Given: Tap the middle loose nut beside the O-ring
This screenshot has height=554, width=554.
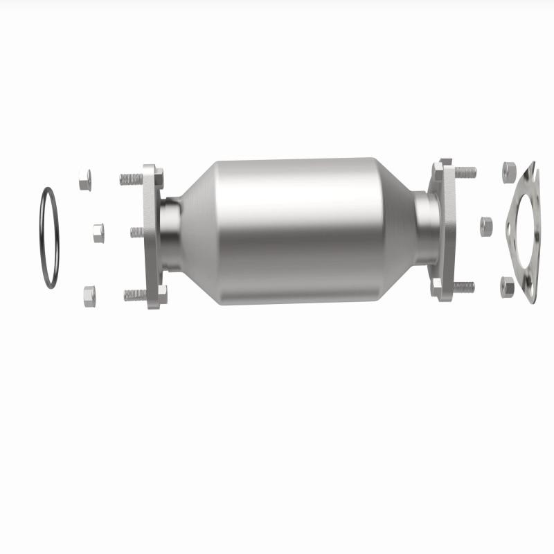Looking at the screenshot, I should pos(98,233).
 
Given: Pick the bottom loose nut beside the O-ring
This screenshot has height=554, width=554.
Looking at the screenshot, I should pos(89,296).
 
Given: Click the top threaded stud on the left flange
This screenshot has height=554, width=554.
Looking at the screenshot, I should pos(131,179).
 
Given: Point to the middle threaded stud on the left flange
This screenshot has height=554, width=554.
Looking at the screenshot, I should pos(136,232).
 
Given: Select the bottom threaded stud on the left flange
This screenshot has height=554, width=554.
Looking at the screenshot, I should pos(134,294).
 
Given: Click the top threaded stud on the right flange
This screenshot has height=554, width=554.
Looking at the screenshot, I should pos(465,171).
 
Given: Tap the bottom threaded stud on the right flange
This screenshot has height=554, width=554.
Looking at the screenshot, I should pos(464,285).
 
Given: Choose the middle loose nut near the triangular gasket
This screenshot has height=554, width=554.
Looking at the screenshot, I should pos(485,225).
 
